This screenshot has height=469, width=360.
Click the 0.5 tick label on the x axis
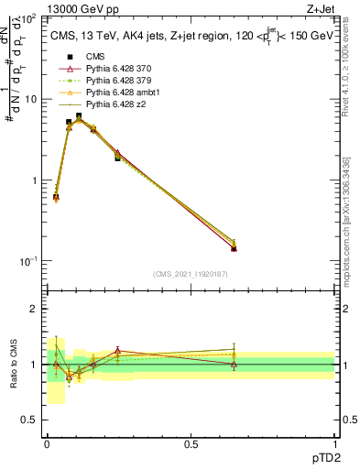[191, 444]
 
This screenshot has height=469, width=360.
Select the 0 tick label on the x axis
[48, 444]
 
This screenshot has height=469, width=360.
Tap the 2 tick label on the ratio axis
[33, 310]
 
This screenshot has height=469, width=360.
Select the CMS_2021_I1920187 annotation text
[190, 273]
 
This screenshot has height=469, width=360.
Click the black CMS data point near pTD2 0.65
[235, 248]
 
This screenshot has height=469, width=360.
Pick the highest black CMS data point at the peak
[80, 116]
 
